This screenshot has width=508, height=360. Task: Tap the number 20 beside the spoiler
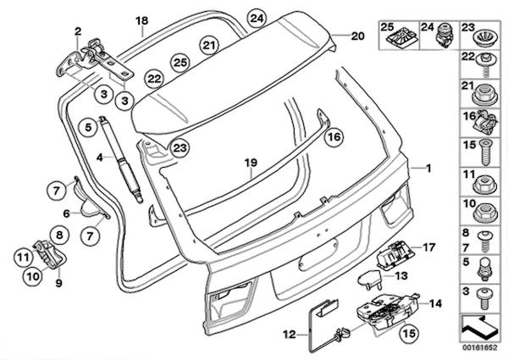(357, 36)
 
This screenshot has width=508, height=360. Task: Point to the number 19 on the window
(250, 162)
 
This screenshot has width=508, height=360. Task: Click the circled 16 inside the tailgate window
(334, 135)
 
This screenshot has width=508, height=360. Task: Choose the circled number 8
(60, 232)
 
